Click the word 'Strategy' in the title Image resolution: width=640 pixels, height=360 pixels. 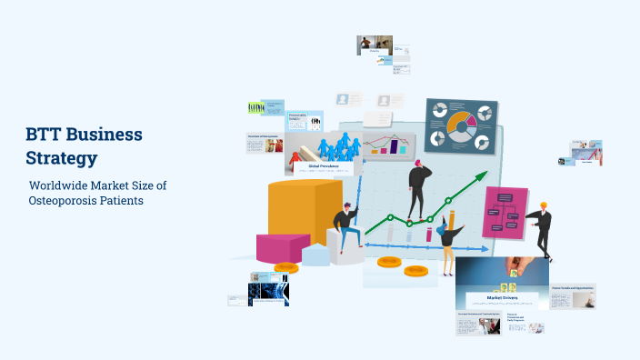point(62,157)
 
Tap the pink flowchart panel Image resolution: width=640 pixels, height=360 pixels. point(505,213)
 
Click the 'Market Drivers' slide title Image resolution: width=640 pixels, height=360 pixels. point(502,297)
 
